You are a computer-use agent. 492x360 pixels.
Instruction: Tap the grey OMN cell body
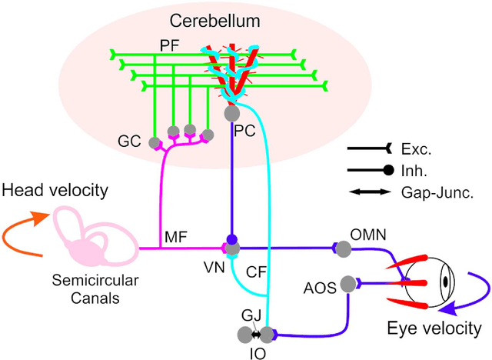click(342, 248)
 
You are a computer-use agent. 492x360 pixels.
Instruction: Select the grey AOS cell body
click(349, 285)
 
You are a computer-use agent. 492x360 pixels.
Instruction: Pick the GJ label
click(250, 316)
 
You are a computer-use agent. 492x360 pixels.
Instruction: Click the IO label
click(260, 352)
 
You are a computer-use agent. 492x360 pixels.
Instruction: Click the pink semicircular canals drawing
click(88, 239)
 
